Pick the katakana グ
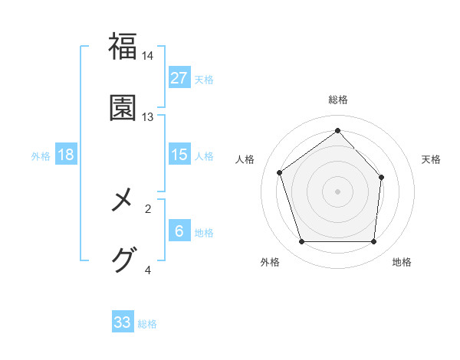(123, 260)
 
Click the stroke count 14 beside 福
(148, 56)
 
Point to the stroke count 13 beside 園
(148, 116)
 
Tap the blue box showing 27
(179, 78)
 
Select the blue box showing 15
(179, 155)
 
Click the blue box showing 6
(179, 231)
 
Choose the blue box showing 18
(66, 155)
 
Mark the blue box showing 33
(123, 322)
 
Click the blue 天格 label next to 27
(204, 79)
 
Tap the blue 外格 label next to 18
(41, 155)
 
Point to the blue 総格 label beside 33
(147, 323)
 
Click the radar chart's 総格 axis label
(338, 100)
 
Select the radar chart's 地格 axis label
(402, 262)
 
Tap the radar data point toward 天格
(382, 177)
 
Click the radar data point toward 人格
(280, 172)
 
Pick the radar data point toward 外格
(301, 242)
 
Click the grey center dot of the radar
(338, 191)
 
